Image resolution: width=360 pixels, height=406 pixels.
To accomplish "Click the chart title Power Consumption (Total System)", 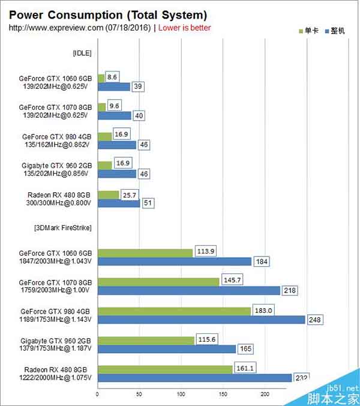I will coord(108,14).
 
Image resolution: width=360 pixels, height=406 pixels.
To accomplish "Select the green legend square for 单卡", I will coord(301,30).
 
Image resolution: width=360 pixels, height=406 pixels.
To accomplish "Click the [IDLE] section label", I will coord(81,53).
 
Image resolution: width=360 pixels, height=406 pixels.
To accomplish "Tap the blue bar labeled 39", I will coord(113,86).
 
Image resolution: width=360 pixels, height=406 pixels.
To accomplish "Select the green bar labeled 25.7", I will coord(108,195).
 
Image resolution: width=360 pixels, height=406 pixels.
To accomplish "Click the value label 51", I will coord(148,204).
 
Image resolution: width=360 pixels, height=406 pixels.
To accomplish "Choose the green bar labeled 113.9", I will coord(145,253).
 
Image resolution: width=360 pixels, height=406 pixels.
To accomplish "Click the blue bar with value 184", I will coord(174,262).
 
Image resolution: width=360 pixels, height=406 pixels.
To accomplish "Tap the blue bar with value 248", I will coord(201,320).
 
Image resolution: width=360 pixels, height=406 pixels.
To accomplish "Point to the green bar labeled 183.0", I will coord(174,311).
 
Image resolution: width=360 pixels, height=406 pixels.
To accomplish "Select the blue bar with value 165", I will coord(166,349).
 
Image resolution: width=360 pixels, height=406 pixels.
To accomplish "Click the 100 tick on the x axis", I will coord(181,395).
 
